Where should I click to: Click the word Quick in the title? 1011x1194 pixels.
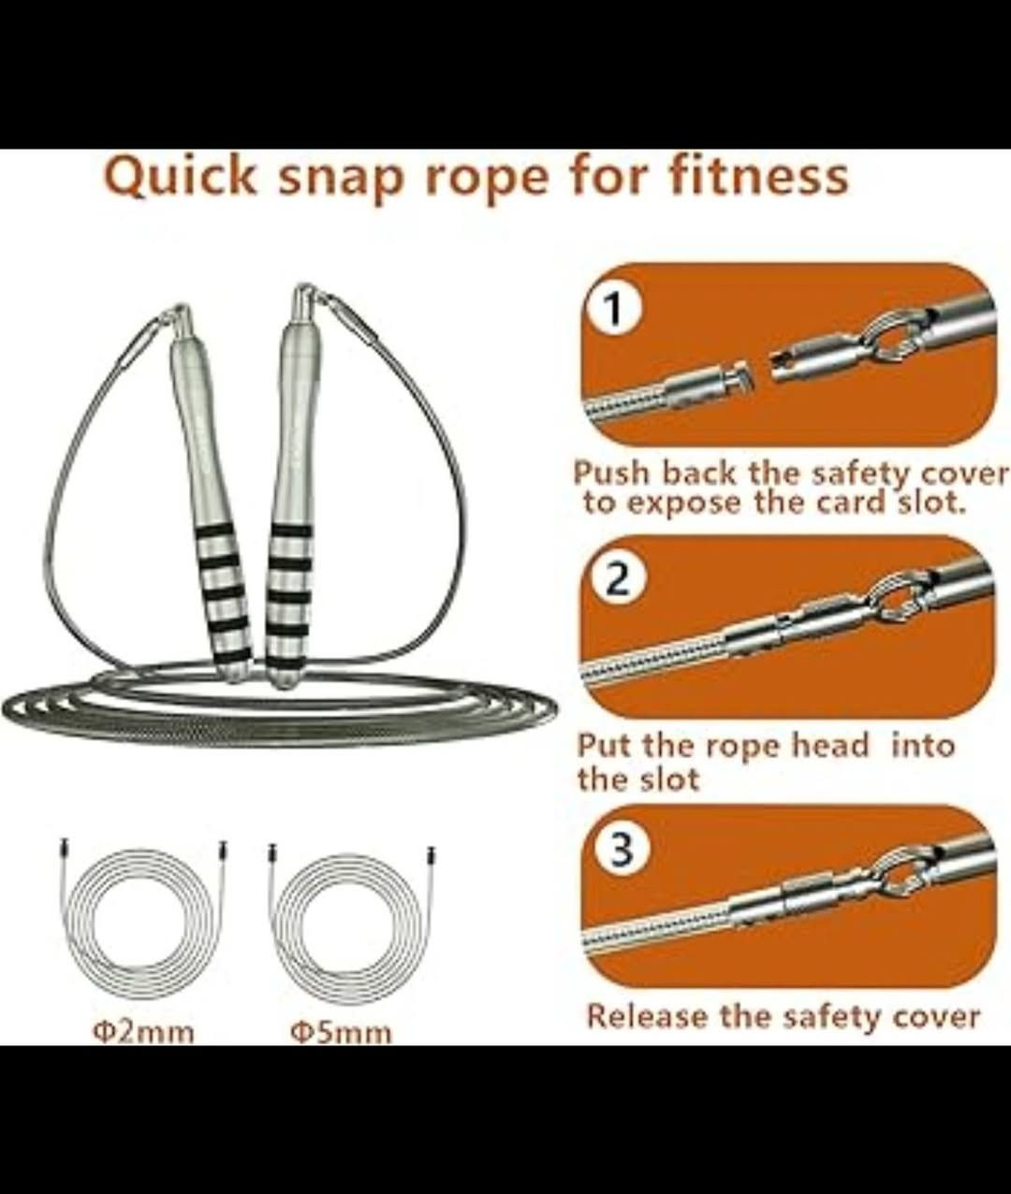180,178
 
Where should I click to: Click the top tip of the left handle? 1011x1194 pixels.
181,307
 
